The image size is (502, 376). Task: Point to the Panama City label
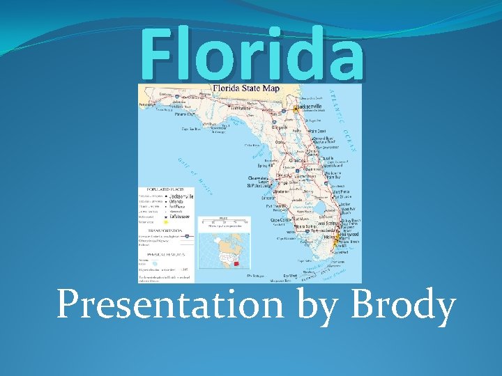tap(185, 113)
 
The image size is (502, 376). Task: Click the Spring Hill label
tap(266, 166)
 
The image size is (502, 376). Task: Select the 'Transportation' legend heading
tap(162, 229)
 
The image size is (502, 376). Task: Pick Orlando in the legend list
tap(181, 202)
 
